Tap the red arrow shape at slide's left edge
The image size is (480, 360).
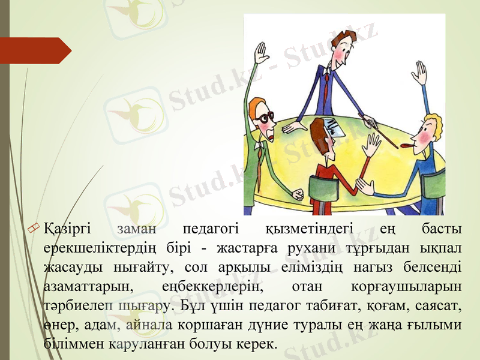(x=36, y=50)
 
